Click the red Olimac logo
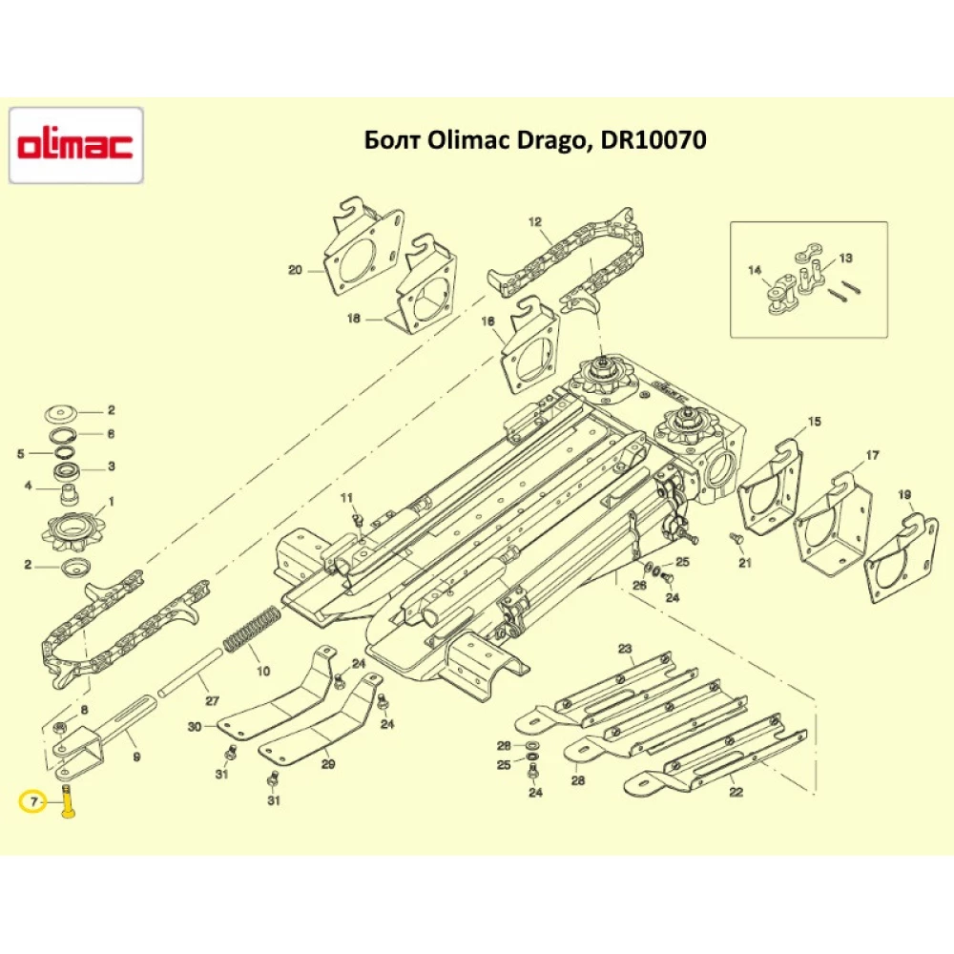tap(75, 146)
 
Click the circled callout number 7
tap(33, 803)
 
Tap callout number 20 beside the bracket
tap(295, 270)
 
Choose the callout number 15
tap(814, 421)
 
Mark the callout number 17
tap(872, 455)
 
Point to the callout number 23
tap(625, 649)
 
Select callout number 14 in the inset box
tap(756, 271)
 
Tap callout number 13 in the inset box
tap(845, 259)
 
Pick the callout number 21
tap(744, 563)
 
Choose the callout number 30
tap(196, 726)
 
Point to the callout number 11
tap(347, 497)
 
